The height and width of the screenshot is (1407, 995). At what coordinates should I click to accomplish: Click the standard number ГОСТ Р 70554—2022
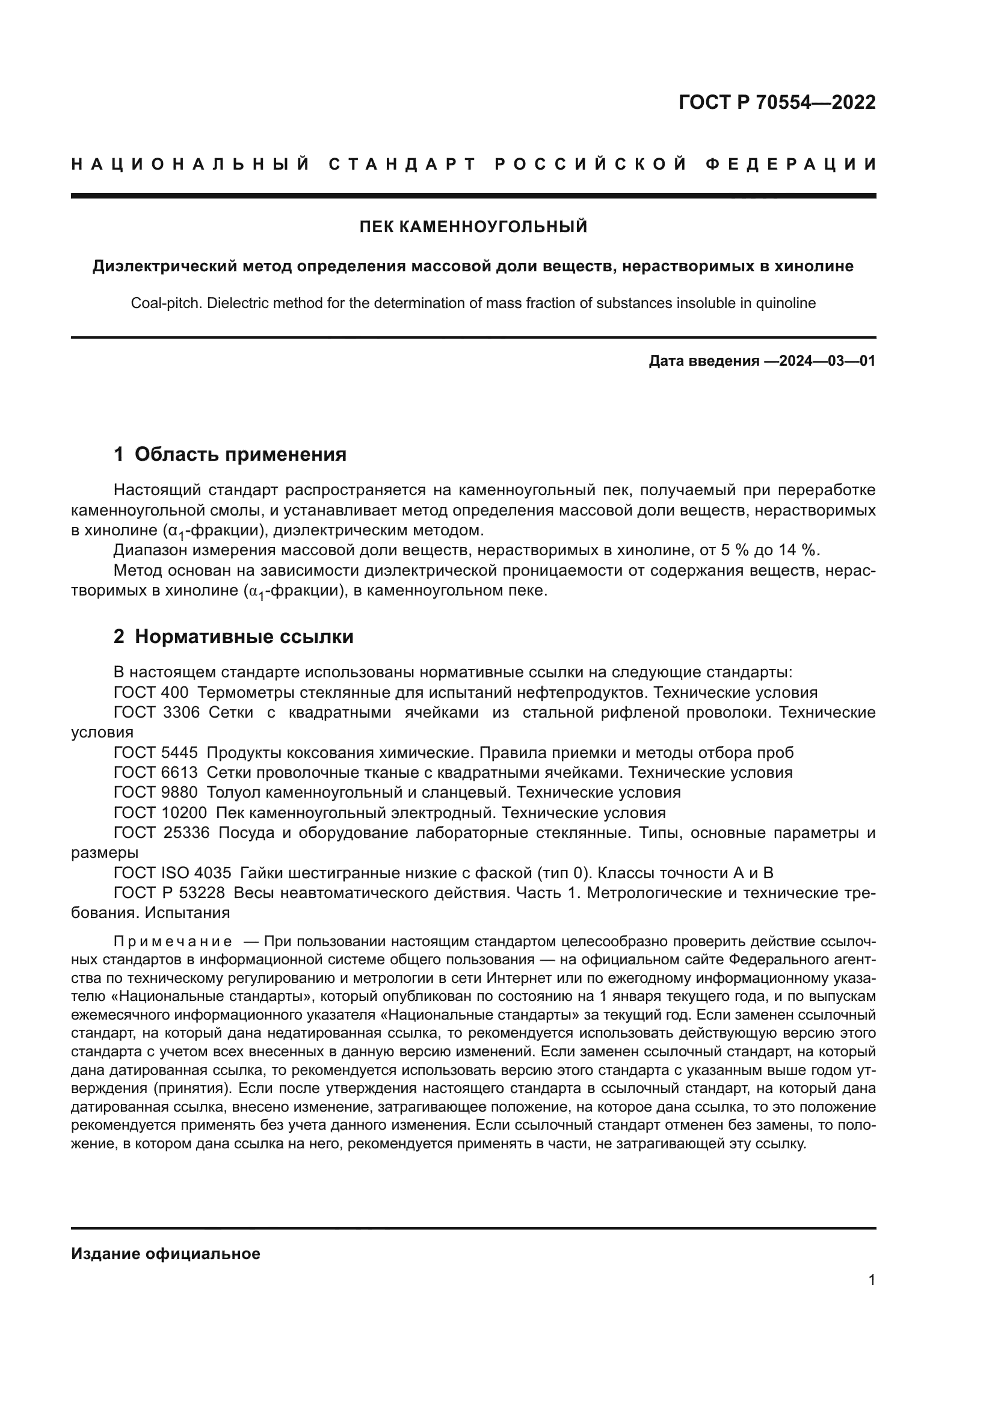[777, 102]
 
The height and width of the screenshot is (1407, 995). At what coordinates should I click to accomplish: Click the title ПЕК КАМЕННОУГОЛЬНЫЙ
[473, 227]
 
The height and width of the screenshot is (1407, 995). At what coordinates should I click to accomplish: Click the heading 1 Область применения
[230, 454]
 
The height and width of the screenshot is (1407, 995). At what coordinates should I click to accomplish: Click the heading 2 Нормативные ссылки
[233, 636]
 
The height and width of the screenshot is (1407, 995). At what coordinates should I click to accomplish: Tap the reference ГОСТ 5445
[156, 753]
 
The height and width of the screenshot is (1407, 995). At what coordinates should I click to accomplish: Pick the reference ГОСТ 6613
[156, 773]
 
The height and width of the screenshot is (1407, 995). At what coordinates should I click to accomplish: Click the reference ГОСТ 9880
[156, 792]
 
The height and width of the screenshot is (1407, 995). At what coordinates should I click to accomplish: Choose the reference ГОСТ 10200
[161, 813]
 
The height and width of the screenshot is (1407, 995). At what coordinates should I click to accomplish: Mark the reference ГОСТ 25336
[162, 833]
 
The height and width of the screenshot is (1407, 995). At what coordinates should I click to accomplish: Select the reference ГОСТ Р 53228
[169, 893]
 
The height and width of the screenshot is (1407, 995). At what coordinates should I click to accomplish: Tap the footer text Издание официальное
[165, 1254]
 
